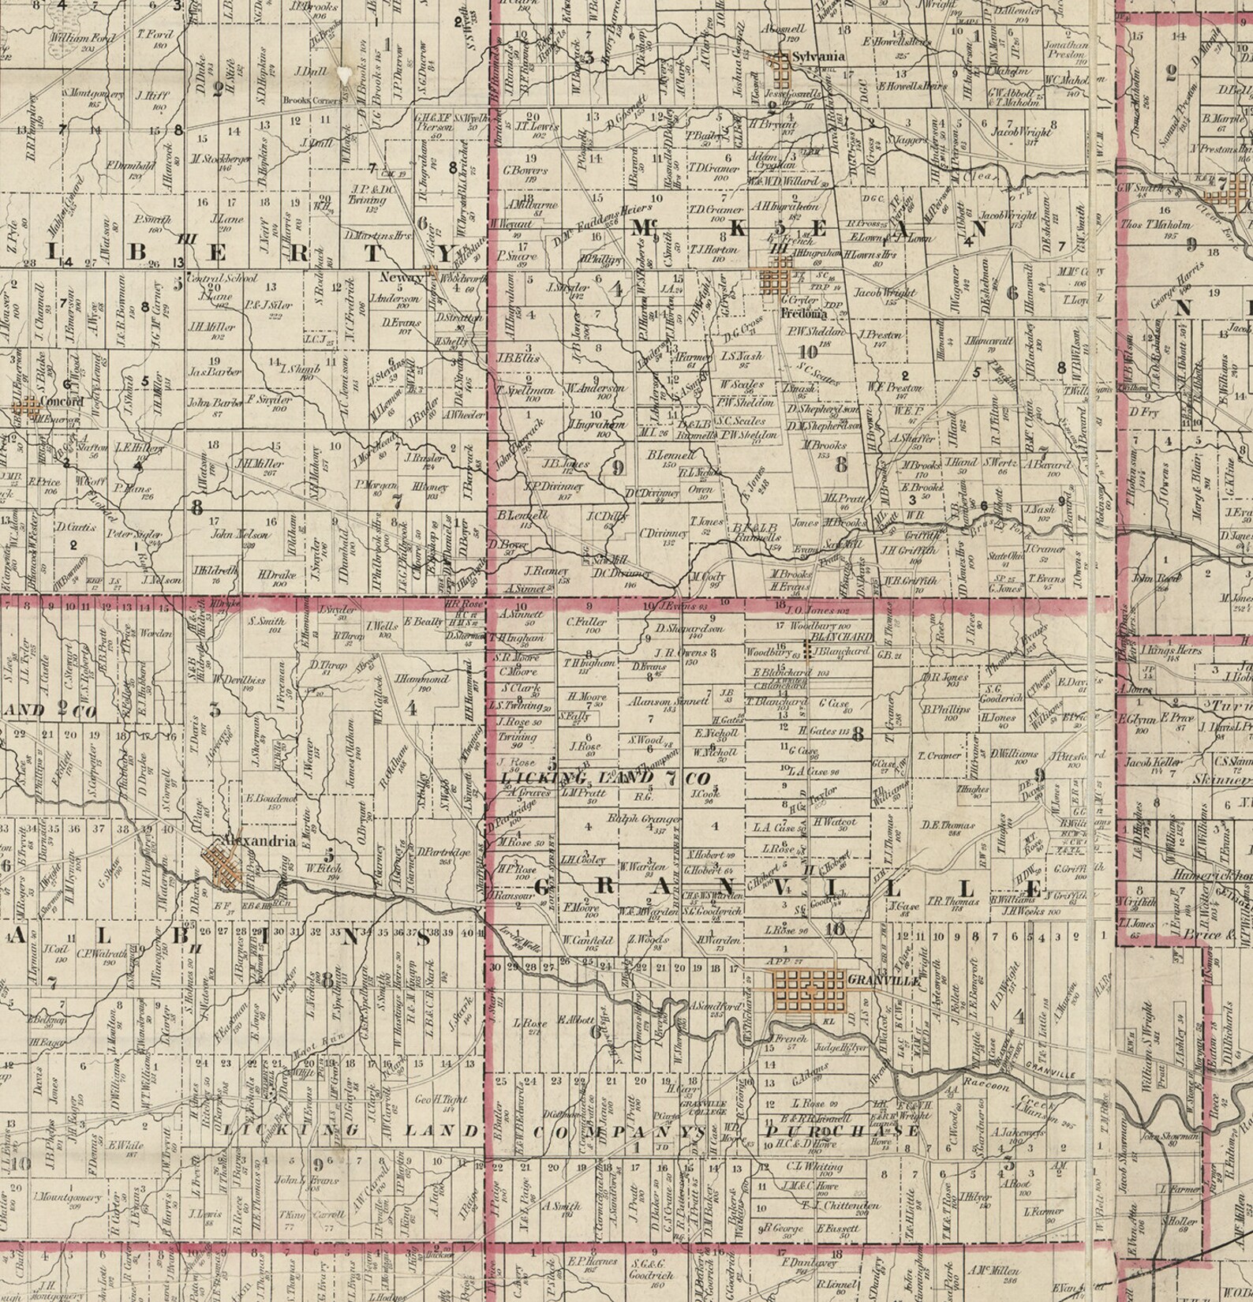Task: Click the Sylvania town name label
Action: pos(818,56)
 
